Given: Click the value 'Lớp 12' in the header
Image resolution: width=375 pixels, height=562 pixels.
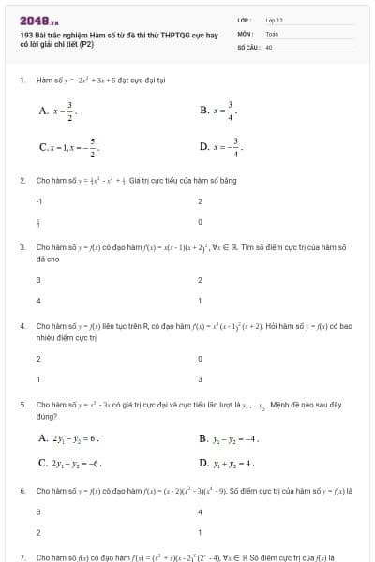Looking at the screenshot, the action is coord(275,20).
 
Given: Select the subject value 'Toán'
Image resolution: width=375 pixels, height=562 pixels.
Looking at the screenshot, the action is coord(272,33).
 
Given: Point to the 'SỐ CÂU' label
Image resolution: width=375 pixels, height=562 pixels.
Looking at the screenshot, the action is coord(248,46).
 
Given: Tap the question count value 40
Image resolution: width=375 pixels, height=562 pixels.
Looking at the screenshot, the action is coord(269,46).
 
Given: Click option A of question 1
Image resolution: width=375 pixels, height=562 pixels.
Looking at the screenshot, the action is coord(57,110).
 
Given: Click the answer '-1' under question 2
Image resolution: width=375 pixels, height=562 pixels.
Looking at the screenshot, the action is coord(39,200).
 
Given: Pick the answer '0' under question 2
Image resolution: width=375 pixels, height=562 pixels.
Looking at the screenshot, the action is coord(200,222).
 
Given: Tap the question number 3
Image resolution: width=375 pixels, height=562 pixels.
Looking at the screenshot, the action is coord(22,247).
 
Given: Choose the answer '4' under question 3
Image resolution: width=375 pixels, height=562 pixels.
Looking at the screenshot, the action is coord(38,301).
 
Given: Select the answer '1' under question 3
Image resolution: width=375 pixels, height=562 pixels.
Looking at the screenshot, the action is coord(200,301).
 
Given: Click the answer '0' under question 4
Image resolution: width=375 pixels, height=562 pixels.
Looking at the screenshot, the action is coord(200,358).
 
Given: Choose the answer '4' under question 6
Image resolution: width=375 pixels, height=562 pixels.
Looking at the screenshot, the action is coord(200,510).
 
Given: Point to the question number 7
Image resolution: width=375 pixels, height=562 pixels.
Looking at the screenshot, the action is coord(22,556).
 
